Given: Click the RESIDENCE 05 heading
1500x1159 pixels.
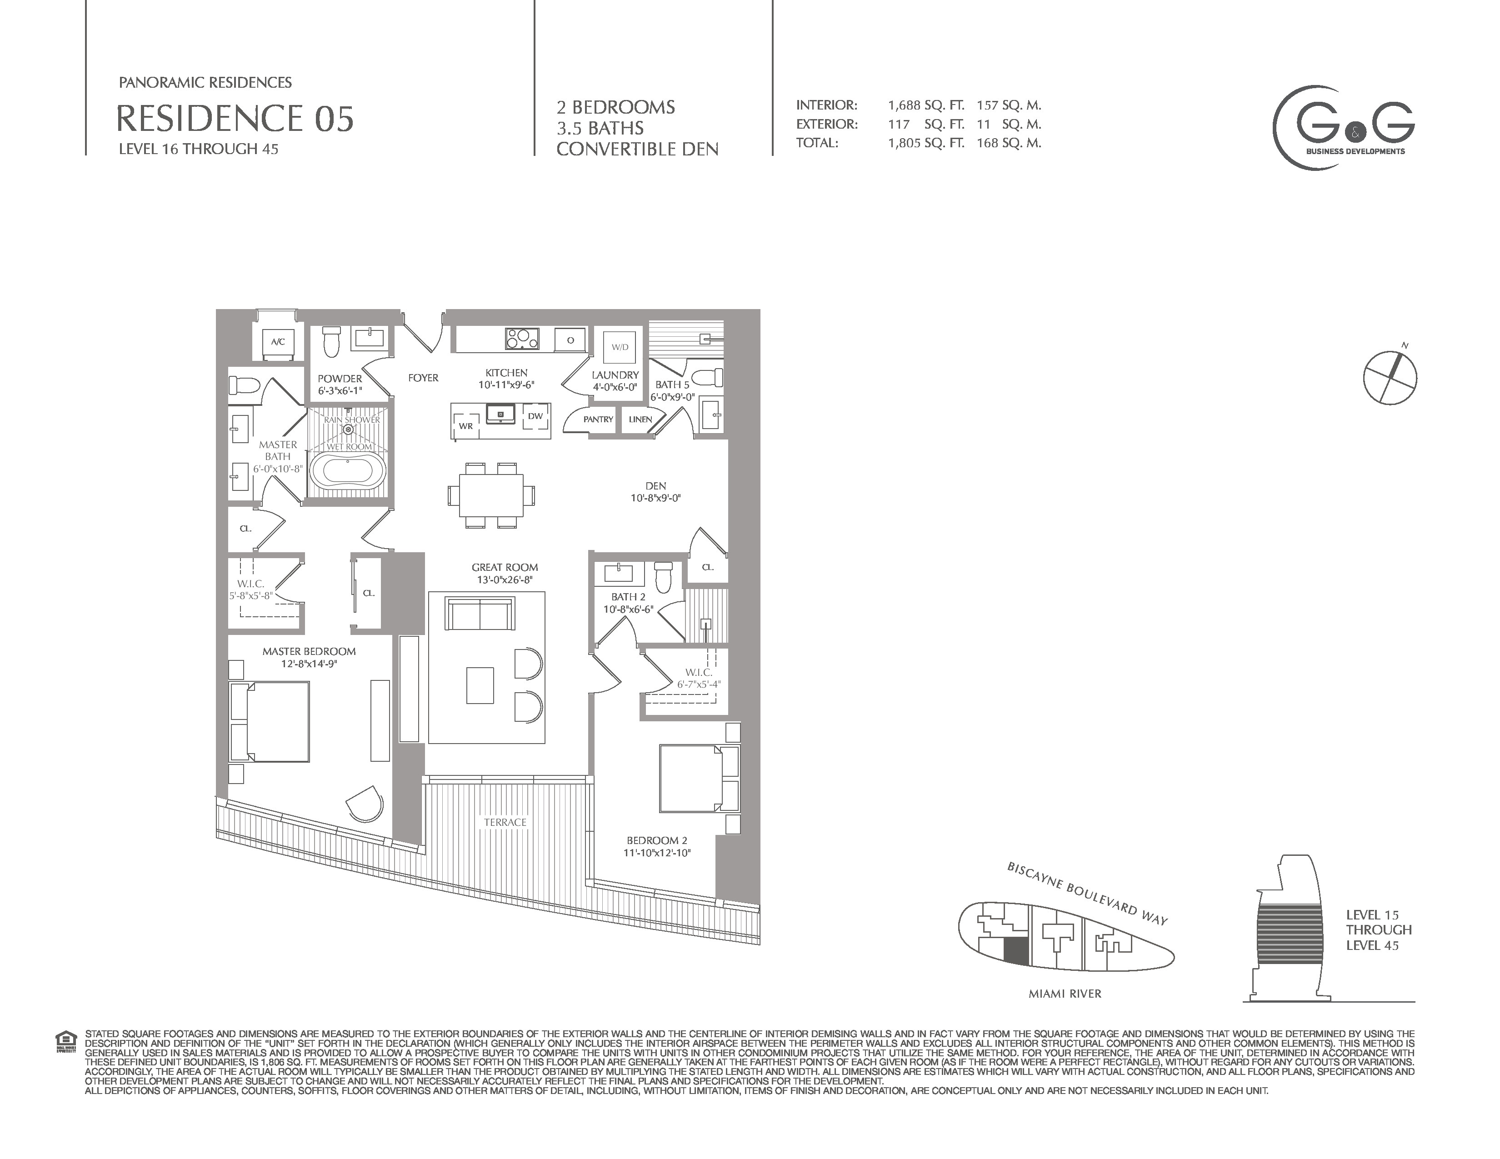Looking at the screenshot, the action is (x=235, y=118).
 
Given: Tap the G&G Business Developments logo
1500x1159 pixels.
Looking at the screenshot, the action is (x=1343, y=128).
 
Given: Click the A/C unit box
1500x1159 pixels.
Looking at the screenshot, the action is (x=277, y=342).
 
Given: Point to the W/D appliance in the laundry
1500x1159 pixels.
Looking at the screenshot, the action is (x=620, y=347).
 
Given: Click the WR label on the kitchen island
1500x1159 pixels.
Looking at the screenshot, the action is (x=465, y=426).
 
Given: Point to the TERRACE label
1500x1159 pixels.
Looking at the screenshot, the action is (x=505, y=822).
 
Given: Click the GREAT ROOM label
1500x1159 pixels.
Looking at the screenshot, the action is (x=505, y=567).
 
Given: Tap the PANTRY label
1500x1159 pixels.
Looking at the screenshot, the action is (x=598, y=419).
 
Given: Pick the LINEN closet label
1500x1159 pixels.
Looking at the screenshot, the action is (x=640, y=419).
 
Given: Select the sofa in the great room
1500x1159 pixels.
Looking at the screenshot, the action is (x=480, y=613).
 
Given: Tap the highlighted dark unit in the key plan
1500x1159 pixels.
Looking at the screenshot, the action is (x=1016, y=952).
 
